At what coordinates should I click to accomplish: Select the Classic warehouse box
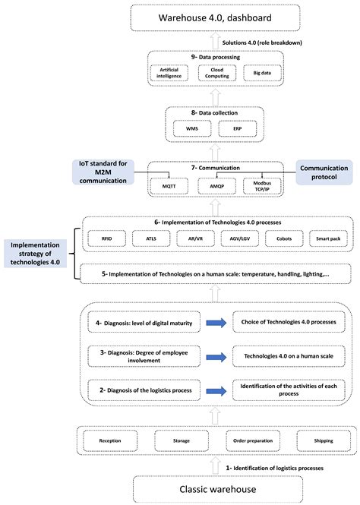(x=214, y=489)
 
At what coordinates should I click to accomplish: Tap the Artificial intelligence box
(x=169, y=73)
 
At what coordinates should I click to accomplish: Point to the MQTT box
(x=169, y=185)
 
